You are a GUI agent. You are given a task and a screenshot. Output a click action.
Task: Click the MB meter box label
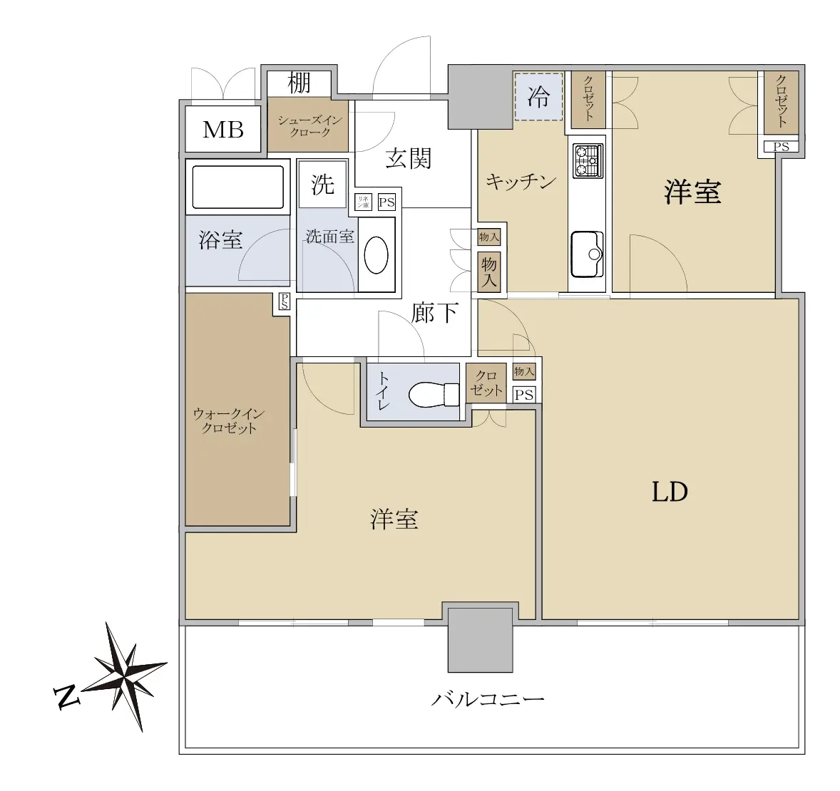tap(223, 130)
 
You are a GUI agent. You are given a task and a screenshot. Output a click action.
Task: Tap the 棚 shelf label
tap(299, 83)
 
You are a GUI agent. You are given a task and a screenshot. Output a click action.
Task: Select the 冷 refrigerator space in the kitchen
tap(538, 97)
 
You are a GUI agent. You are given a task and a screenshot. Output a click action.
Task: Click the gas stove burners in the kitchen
tap(588, 160)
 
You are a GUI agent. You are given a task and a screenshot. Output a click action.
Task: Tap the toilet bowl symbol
tap(434, 395)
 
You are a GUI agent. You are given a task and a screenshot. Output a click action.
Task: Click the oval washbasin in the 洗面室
tap(376, 255)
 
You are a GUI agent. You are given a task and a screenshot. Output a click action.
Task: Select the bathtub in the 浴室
tap(238, 187)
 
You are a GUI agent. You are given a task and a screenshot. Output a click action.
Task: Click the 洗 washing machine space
tap(322, 185)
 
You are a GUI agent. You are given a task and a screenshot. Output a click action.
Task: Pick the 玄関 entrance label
tap(408, 158)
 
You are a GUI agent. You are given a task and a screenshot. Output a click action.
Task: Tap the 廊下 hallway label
tap(434, 312)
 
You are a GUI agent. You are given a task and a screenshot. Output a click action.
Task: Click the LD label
tap(670, 492)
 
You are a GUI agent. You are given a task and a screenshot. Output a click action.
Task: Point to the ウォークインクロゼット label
tap(229, 421)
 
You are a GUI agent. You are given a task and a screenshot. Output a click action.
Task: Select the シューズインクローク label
tap(309, 126)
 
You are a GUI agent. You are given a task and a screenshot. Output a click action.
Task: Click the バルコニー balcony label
tap(488, 698)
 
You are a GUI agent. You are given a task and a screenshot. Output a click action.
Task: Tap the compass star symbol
tap(126, 676)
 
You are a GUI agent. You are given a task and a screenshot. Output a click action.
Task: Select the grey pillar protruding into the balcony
tap(480, 639)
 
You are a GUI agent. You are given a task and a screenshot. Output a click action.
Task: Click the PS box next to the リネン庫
tap(386, 202)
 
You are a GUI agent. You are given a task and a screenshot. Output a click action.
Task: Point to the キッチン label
tap(521, 182)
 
